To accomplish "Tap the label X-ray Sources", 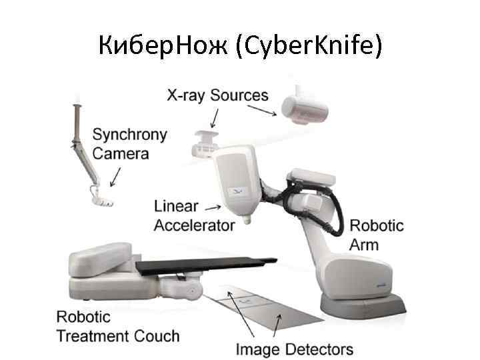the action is (217, 95).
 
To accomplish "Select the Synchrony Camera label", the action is (129, 143).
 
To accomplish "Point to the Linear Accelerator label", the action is (194, 215).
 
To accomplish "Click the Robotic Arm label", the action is (377, 234).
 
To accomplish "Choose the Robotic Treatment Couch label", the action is (117, 325).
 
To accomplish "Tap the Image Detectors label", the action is (295, 349).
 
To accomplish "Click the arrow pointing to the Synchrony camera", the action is (115, 177).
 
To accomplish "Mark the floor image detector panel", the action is (256, 313).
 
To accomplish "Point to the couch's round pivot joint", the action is (193, 291).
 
